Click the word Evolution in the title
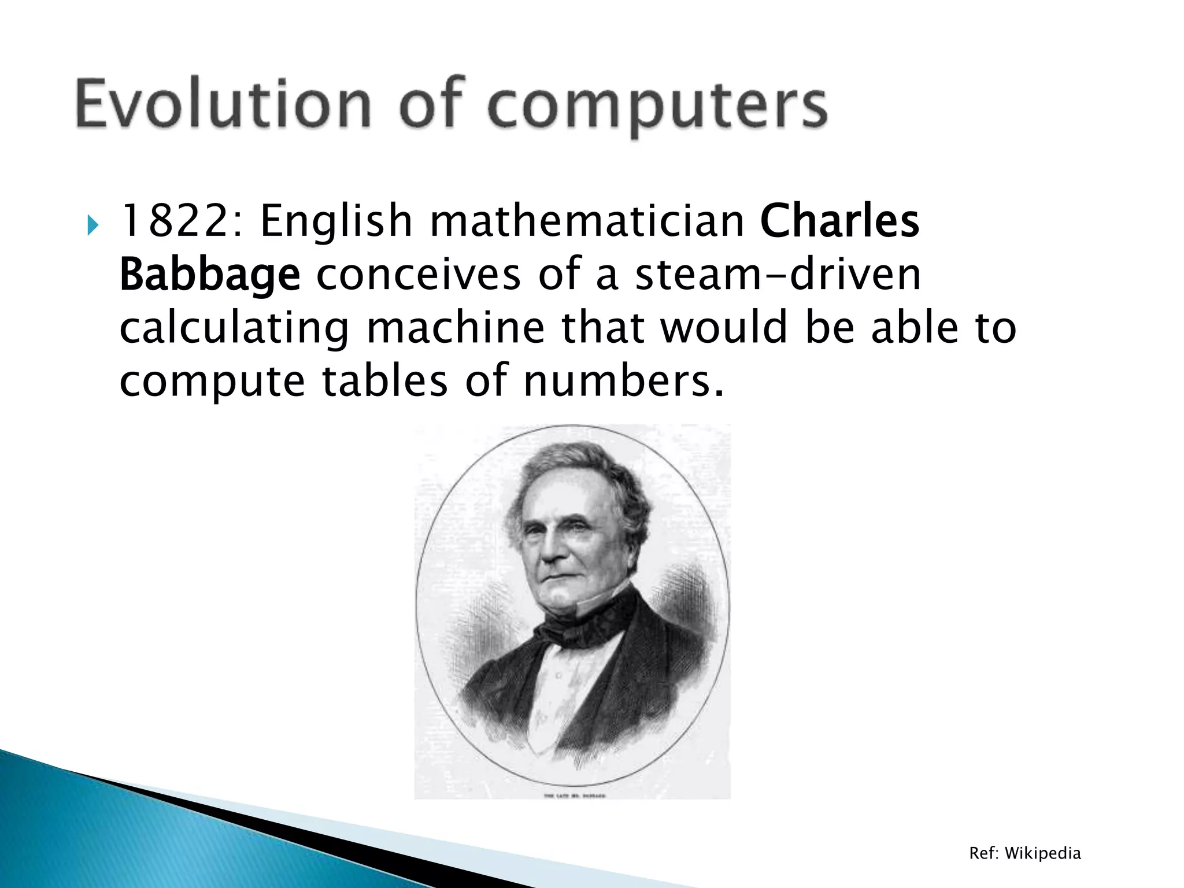click(x=223, y=104)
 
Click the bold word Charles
click(x=839, y=221)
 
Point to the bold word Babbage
click(x=210, y=275)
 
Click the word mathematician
click(x=587, y=221)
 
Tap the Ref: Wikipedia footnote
click(x=1024, y=853)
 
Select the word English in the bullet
click(x=335, y=222)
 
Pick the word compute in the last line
click(x=212, y=382)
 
